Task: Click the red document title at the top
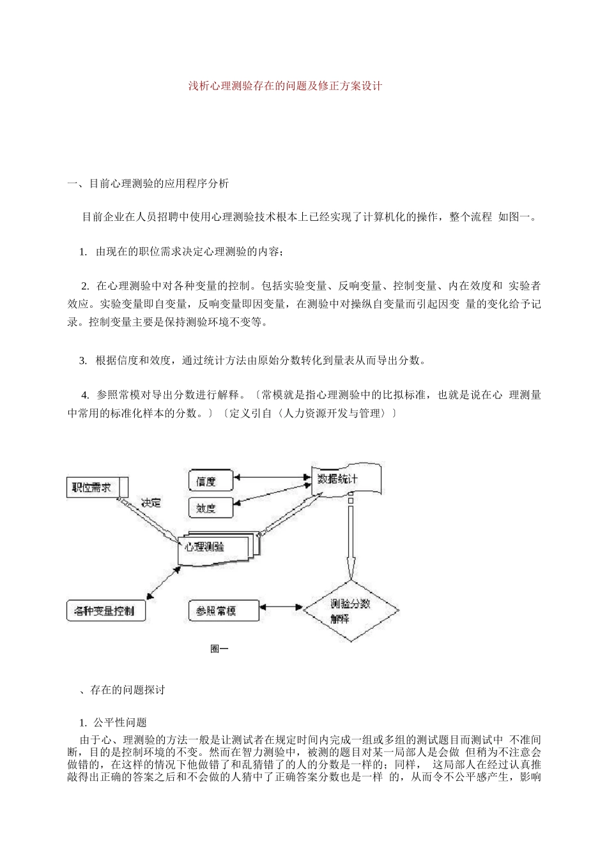click(x=285, y=86)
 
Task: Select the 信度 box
click(x=210, y=481)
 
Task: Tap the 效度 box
click(x=210, y=508)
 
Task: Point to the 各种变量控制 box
click(x=106, y=611)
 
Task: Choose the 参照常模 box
click(x=223, y=611)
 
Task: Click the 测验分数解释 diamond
click(x=350, y=610)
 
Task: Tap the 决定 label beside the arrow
click(x=151, y=502)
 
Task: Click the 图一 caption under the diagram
click(x=219, y=649)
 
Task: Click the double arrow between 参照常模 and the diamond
click(x=281, y=608)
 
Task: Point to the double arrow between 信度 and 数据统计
click(x=272, y=476)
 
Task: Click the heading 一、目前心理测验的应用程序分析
click(x=148, y=184)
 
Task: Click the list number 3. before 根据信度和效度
click(x=83, y=360)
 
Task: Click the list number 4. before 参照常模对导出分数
click(x=85, y=395)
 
